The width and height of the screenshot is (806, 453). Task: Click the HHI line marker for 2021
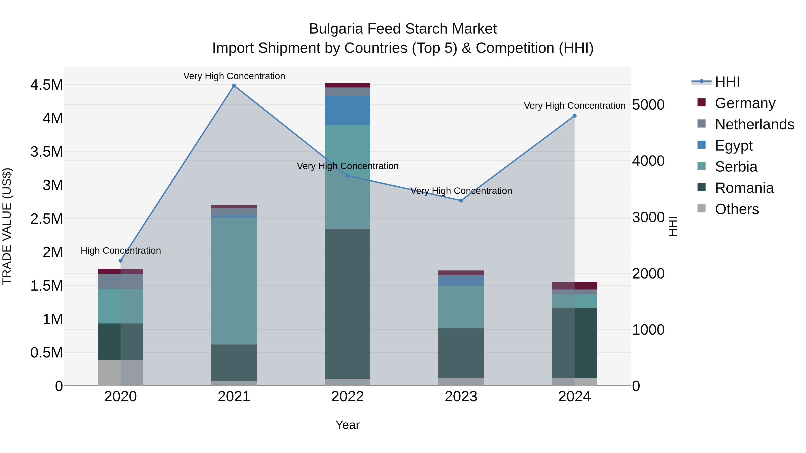(234, 86)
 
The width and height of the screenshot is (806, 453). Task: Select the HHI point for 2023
(461, 200)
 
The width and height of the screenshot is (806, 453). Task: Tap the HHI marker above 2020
(120, 260)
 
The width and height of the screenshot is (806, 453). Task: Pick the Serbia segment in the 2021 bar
(234, 281)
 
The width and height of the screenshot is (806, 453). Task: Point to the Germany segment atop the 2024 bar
(574, 285)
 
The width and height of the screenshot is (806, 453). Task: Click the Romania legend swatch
(702, 188)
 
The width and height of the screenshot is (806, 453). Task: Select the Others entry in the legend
(737, 209)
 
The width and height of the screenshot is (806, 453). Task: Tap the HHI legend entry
(727, 82)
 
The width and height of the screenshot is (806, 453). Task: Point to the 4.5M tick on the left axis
(46, 85)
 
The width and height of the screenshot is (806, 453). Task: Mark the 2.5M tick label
(46, 219)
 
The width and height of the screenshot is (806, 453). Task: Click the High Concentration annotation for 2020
(121, 250)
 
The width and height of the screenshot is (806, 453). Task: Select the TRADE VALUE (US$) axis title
(7, 226)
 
